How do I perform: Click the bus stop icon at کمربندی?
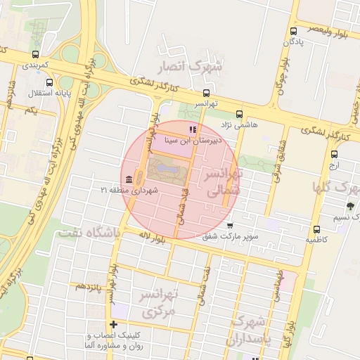click(x=36, y=54)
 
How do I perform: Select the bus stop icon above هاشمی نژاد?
click(x=240, y=114)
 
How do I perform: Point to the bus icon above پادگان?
click(x=293, y=32)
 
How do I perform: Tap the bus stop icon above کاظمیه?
click(x=316, y=229)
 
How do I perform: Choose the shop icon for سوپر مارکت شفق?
click(x=231, y=225)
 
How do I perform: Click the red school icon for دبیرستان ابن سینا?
click(x=193, y=129)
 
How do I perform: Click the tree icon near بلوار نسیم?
click(x=350, y=206)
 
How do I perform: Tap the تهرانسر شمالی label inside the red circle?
click(x=222, y=181)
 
